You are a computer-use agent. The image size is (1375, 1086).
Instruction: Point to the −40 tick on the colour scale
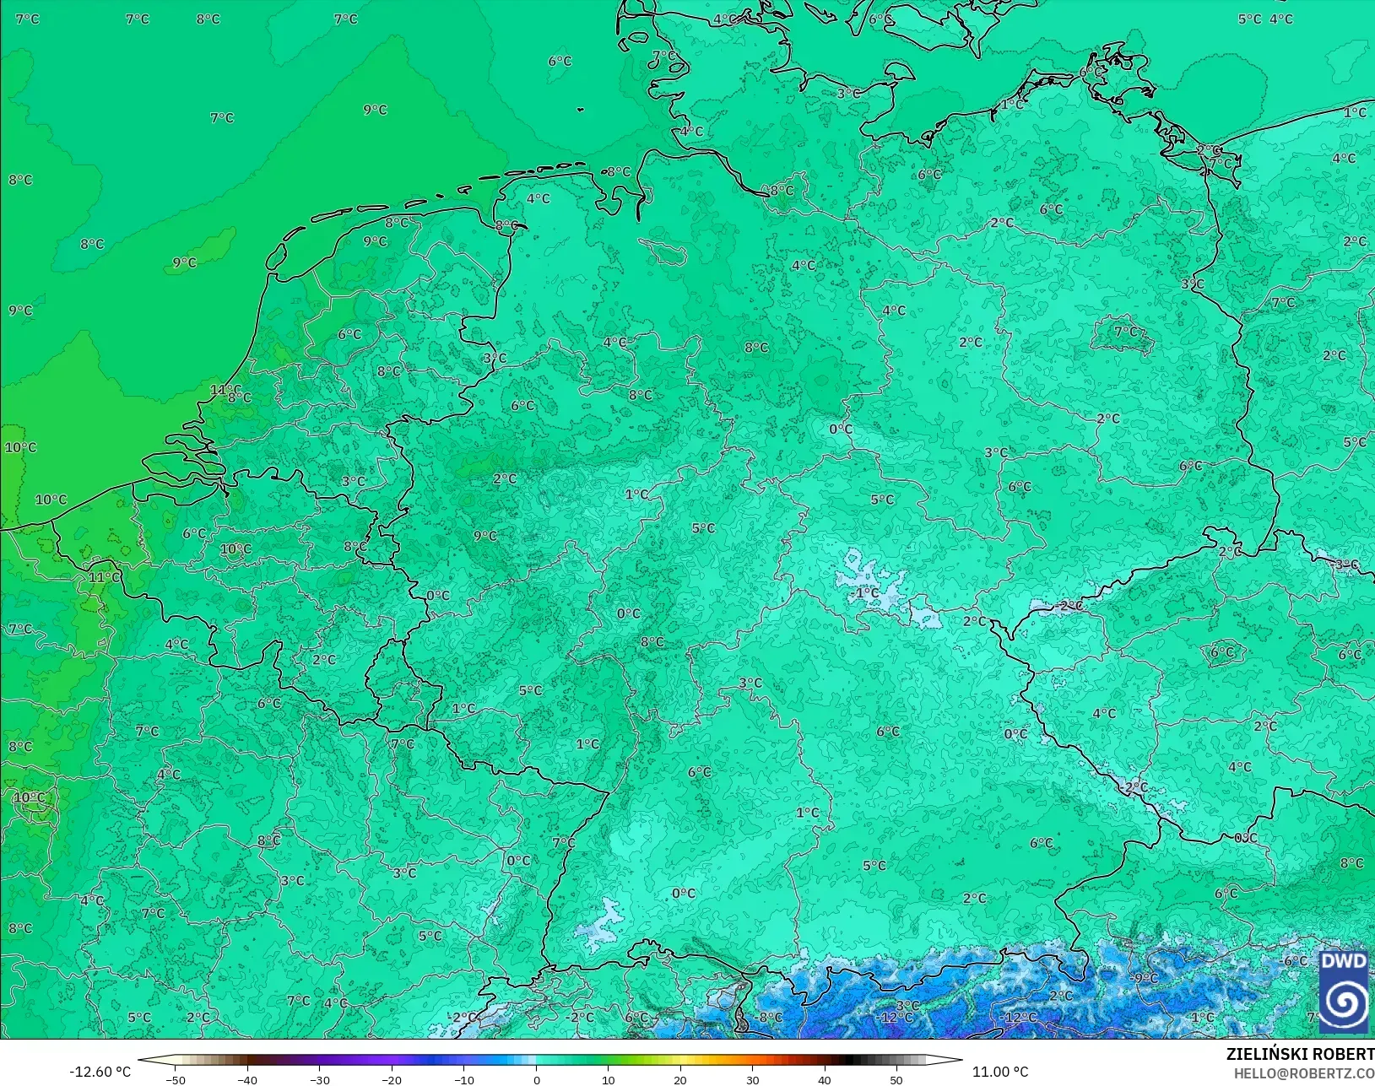[246, 1079]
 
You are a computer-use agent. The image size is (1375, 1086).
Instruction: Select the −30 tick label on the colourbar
[319, 1079]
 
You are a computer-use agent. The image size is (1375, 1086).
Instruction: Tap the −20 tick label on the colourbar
[391, 1079]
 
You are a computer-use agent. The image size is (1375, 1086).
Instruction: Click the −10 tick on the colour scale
[463, 1079]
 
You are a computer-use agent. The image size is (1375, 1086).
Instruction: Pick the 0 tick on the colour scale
[536, 1079]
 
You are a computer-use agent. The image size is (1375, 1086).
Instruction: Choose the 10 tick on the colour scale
[608, 1079]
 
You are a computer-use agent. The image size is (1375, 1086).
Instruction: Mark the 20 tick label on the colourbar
[680, 1079]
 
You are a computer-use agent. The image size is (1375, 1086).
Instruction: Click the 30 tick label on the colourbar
[752, 1079]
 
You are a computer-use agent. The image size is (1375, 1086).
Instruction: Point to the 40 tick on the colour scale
[824, 1079]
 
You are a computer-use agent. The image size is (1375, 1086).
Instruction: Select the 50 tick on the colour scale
[896, 1079]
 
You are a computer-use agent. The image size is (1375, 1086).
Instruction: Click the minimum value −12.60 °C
[100, 1072]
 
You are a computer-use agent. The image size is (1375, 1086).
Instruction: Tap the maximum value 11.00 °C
[1000, 1072]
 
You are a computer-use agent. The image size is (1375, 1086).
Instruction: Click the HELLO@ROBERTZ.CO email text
[1304, 1073]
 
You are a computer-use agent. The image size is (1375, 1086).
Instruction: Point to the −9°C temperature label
[1145, 978]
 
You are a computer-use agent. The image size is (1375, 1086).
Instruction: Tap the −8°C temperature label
[769, 1018]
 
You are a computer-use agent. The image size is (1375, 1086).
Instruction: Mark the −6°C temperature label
[1295, 961]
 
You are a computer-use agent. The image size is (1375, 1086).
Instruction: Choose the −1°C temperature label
[866, 593]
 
